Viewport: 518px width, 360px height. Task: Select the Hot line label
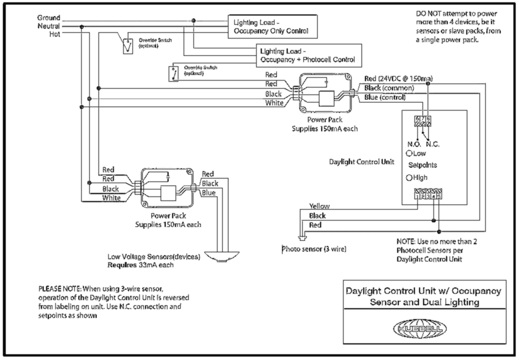tap(55, 34)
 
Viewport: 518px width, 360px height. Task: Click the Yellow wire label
tap(319, 206)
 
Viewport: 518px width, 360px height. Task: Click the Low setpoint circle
tap(408, 154)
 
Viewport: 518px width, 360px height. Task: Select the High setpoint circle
tap(408, 178)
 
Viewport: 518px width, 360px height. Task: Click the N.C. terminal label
tap(433, 143)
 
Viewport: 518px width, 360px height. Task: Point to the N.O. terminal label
tap(413, 143)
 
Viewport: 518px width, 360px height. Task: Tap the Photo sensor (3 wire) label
tap(314, 249)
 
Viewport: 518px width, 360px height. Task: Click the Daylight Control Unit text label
tap(361, 162)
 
